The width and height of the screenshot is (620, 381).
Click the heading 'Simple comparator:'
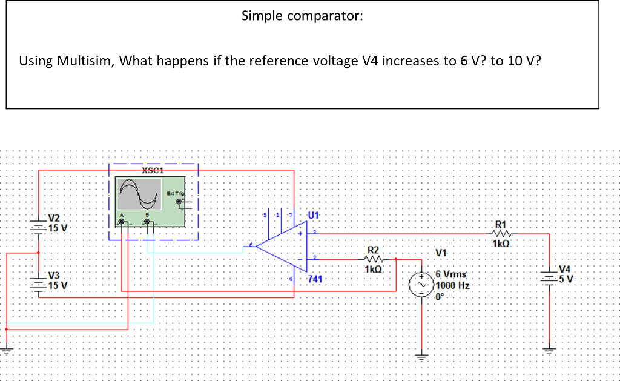[302, 16]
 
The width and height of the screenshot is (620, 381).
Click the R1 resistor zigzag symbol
[503, 233]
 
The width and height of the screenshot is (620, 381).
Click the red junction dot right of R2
[395, 259]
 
